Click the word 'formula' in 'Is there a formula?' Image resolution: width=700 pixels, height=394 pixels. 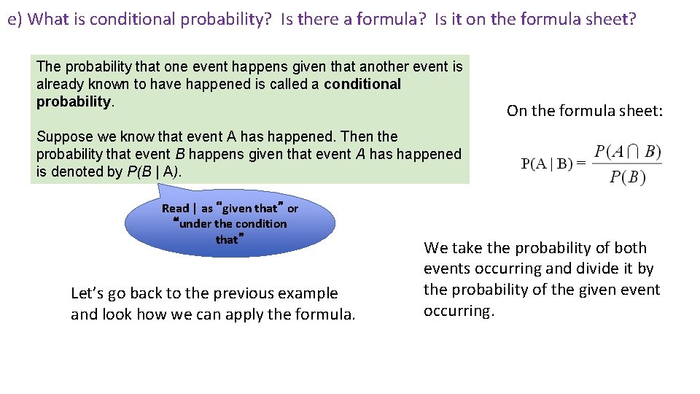(395, 19)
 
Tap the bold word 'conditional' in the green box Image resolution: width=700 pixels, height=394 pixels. (362, 84)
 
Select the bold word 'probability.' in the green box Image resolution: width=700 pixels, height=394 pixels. (73, 101)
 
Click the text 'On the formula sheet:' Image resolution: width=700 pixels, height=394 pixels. (585, 111)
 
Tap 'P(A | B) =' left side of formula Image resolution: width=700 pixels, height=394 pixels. (553, 163)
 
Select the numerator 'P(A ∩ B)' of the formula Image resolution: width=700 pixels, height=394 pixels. (627, 152)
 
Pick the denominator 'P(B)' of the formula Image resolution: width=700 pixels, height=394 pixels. (627, 177)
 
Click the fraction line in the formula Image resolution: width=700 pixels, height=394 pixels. (627, 163)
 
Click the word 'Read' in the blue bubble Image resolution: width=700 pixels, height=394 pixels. (175, 209)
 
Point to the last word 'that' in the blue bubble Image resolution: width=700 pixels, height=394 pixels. (227, 239)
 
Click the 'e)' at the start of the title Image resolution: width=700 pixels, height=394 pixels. (15, 19)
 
